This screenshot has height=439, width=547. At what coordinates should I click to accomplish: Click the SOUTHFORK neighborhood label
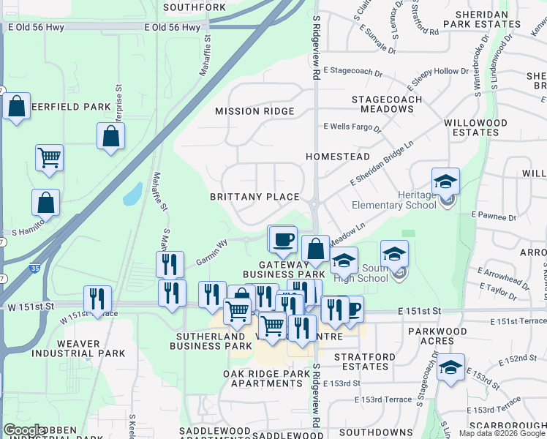coord(195,7)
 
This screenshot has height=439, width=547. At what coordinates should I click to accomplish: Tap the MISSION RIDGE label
coord(254,111)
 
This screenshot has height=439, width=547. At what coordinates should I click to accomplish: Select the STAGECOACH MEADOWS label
coord(387,104)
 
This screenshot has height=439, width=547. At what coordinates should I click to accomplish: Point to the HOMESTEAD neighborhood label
coord(338,157)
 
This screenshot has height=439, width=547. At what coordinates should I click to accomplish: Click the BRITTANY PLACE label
coord(254,197)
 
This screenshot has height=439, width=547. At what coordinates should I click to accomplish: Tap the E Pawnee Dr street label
coord(494,217)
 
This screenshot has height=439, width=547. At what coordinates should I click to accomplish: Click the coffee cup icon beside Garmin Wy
coord(283,239)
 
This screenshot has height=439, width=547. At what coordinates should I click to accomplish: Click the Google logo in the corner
coord(24,431)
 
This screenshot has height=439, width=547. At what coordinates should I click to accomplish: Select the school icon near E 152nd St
coord(450,368)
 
